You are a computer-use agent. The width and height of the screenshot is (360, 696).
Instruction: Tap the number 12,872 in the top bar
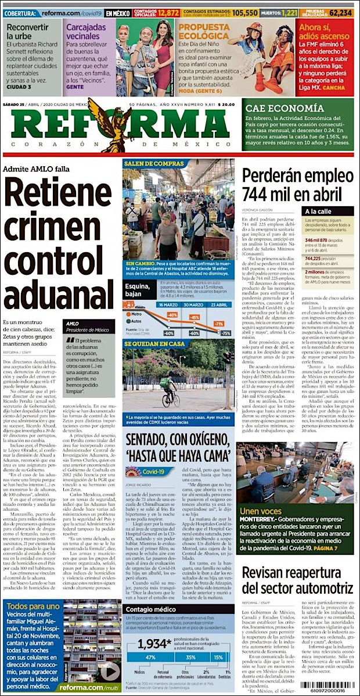pos(168,12)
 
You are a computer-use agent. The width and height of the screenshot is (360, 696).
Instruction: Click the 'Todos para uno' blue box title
pos(34,607)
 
